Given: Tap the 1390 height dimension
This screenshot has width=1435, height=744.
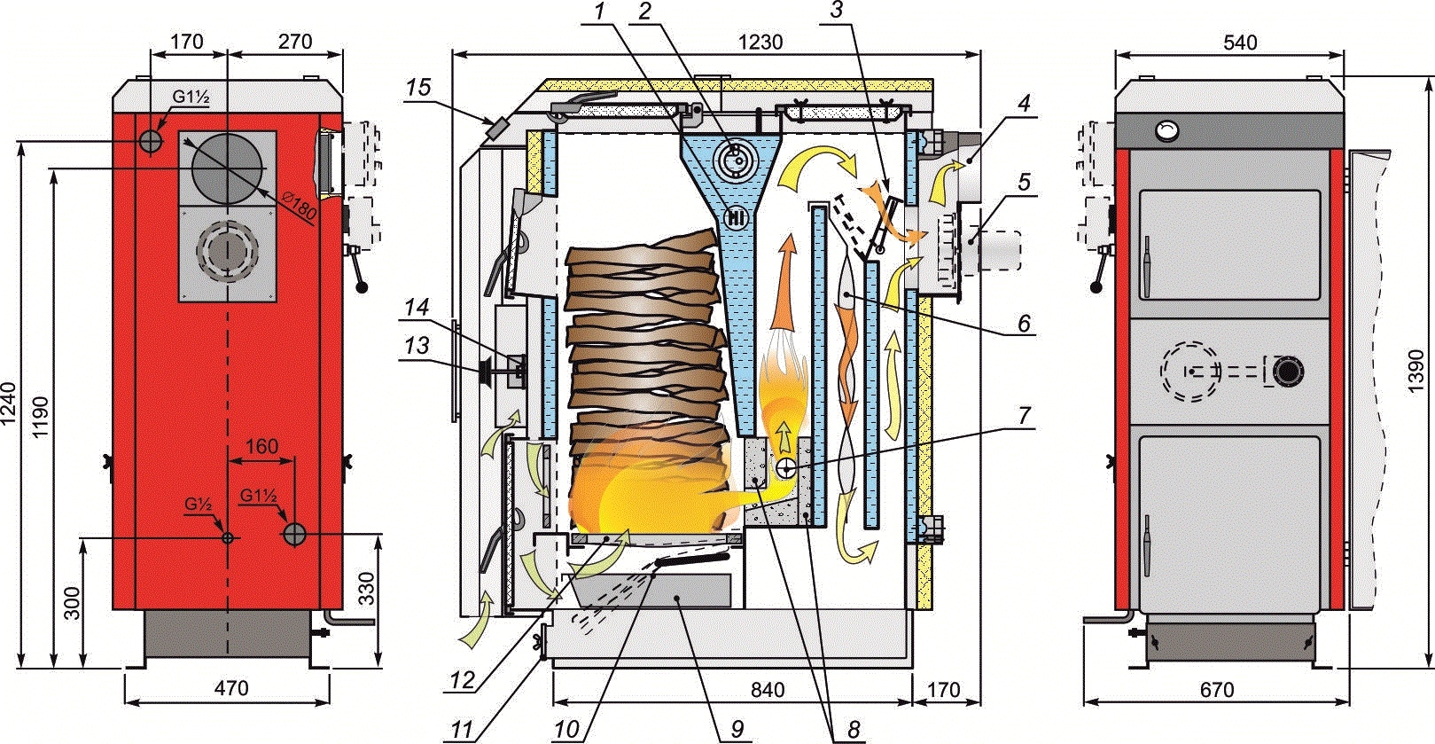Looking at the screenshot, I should (1415, 371).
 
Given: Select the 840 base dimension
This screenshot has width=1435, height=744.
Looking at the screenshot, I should (767, 690).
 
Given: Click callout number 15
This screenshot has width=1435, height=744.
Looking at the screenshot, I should (418, 87).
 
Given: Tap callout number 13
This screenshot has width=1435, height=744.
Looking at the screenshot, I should (417, 345).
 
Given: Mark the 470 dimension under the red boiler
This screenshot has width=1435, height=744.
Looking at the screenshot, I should (231, 687).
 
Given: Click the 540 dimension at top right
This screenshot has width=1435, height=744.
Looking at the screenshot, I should (1238, 42).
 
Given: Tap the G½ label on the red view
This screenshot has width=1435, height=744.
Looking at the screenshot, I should (198, 504).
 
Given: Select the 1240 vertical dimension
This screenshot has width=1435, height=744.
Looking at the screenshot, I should (8, 403).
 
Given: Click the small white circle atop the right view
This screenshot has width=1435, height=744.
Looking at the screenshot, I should (1167, 130).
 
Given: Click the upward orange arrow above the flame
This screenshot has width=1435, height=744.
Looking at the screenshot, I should (784, 284).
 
